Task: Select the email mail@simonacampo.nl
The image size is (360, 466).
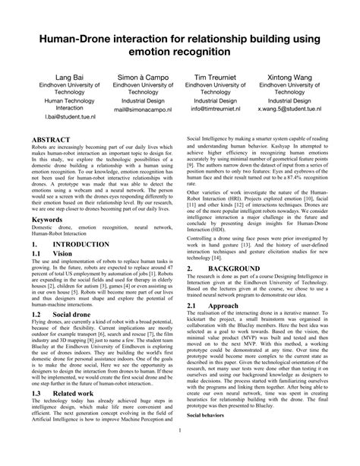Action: click(x=137, y=109)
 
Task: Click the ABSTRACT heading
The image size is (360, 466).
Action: click(x=50, y=140)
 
